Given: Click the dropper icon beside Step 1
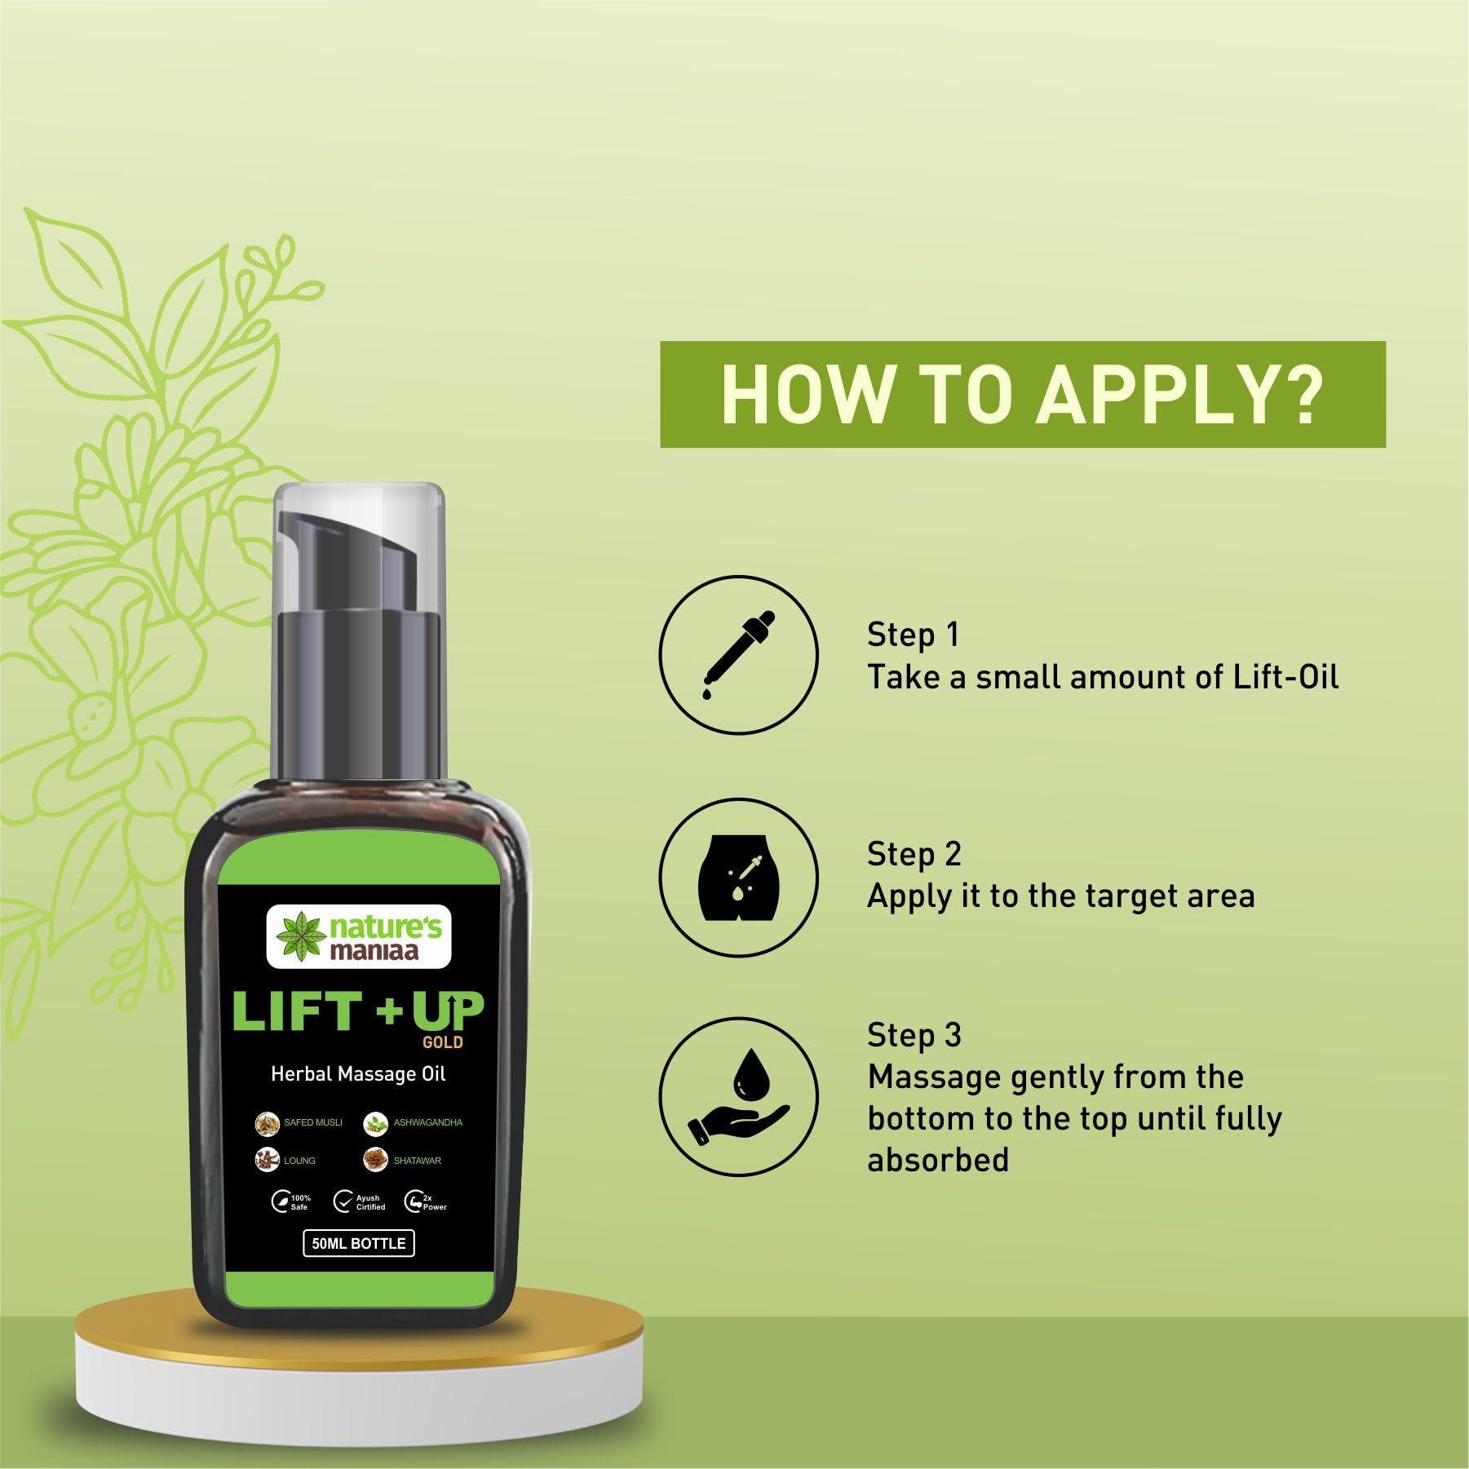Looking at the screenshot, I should point(738,656).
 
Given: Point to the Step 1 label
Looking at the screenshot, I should point(913,635).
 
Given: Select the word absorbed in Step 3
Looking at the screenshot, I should point(938,1159).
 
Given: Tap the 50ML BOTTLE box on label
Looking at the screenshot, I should point(359,1243).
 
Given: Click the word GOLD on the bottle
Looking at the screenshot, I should point(444,1042).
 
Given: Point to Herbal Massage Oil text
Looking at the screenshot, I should point(359,1074).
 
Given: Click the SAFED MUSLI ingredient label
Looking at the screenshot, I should point(312,1122).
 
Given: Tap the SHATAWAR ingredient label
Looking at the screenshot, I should point(417,1160).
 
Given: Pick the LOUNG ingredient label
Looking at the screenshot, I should point(299,1160).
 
